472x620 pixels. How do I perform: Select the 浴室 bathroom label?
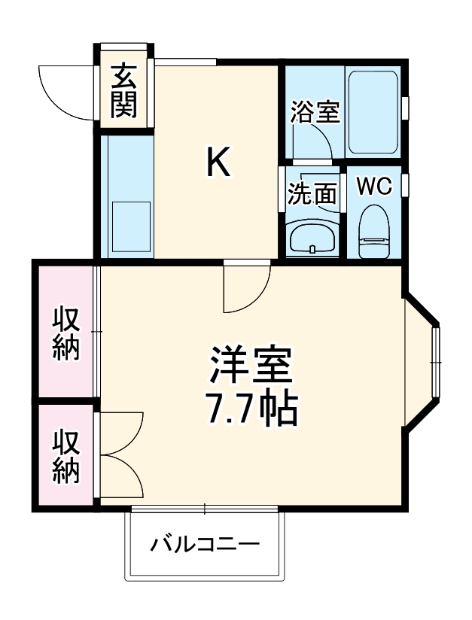315,112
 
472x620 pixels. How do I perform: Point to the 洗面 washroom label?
312,194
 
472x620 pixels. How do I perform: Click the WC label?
374,187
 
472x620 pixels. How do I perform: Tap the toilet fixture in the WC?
373,232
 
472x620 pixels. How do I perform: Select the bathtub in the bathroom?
372,113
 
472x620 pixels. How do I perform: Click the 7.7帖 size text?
250,408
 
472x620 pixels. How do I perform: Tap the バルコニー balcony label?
204,544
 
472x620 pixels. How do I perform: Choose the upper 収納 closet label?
66,333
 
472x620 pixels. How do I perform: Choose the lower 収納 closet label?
66,455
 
